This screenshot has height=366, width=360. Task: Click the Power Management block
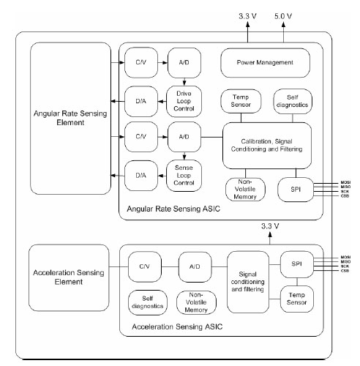pos(265,64)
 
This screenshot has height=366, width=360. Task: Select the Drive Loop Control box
pos(184,99)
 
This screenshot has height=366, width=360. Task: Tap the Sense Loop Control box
pos(184,175)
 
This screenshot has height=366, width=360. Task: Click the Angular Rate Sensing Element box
pos(70,118)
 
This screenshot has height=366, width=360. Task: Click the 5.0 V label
pos(282,14)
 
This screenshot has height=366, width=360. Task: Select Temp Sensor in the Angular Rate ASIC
pos(241,101)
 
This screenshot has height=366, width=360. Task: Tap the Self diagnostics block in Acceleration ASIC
pos(149,301)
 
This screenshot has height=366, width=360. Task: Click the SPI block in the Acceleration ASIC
pos(295,263)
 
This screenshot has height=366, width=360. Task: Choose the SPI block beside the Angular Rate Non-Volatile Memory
pos(295,188)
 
